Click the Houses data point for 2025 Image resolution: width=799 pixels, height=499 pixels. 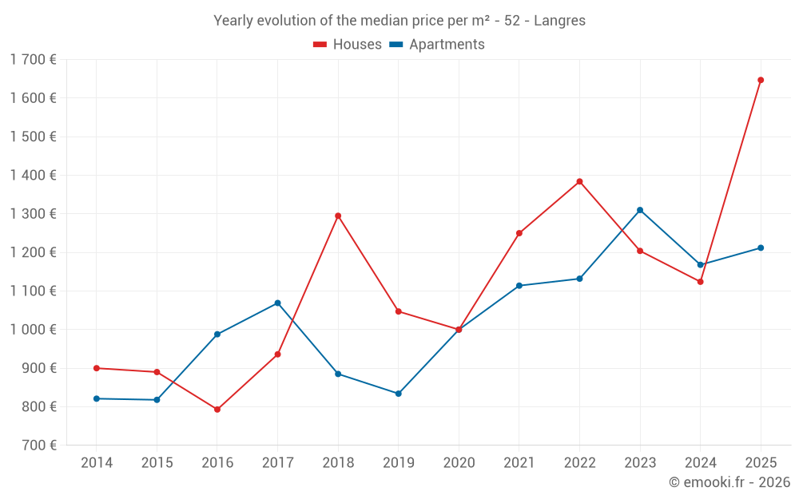(x=761, y=80)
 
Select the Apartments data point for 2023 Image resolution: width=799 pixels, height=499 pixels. (x=640, y=210)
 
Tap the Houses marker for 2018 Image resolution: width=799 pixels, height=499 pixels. (x=338, y=216)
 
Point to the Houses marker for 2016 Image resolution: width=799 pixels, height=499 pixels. (x=217, y=410)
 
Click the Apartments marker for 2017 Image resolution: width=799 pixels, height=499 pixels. (x=277, y=303)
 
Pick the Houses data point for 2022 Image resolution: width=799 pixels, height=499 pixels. (x=579, y=181)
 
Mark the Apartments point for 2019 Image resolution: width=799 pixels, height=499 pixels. (x=398, y=394)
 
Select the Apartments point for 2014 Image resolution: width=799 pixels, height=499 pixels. (x=97, y=398)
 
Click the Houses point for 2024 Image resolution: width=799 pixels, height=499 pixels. (x=700, y=282)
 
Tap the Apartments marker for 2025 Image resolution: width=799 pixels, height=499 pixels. (x=761, y=248)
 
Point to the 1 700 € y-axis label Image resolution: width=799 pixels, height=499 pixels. (x=33, y=60)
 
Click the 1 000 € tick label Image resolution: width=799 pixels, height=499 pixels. (x=33, y=330)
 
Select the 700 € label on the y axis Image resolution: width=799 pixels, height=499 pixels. (x=38, y=446)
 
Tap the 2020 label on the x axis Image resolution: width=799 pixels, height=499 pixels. (x=459, y=463)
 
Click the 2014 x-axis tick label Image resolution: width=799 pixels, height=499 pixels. (x=97, y=463)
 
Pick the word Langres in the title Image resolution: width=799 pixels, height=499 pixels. (x=560, y=21)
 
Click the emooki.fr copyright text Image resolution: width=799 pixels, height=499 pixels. (x=729, y=482)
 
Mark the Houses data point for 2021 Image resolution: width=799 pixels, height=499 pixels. (x=519, y=233)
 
